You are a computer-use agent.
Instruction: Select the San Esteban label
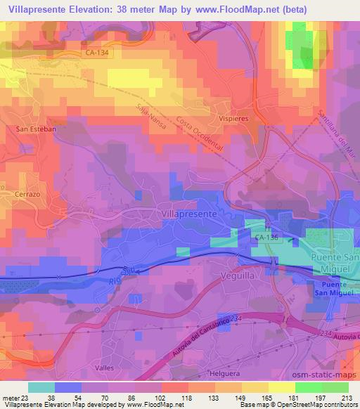click(31, 129)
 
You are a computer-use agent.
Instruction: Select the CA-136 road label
click(267, 238)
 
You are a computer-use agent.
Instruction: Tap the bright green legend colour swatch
click(308, 387)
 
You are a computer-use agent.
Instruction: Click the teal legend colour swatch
click(41, 387)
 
